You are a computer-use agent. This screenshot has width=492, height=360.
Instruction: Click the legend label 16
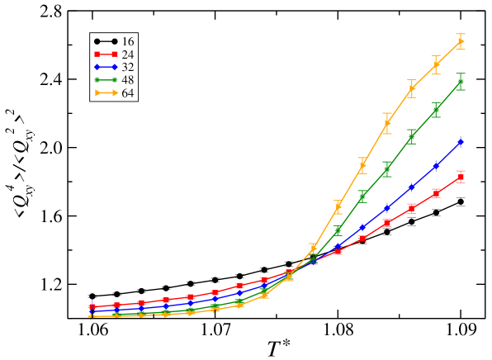pyautogui.click(x=128, y=41)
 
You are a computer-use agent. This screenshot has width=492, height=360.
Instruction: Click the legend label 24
pyautogui.click(x=128, y=54)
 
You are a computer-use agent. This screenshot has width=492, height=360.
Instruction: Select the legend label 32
pyautogui.click(x=128, y=68)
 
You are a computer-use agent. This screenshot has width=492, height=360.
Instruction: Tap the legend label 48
pyautogui.click(x=128, y=80)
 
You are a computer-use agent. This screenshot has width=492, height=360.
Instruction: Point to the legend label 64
pyautogui.click(x=128, y=93)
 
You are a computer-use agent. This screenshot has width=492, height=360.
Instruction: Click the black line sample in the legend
pyautogui.click(x=106, y=41)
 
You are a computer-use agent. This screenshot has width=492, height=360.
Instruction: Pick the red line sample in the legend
pyautogui.click(x=106, y=54)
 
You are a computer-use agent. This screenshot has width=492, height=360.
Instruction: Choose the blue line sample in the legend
pyautogui.click(x=106, y=68)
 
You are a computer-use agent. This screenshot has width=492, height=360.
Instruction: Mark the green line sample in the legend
pyautogui.click(x=106, y=80)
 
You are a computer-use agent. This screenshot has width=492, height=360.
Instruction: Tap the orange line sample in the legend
pyautogui.click(x=106, y=93)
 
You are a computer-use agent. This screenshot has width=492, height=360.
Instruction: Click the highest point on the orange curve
pyautogui.click(x=461, y=41)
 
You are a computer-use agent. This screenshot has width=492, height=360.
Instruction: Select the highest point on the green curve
pyautogui.click(x=461, y=83)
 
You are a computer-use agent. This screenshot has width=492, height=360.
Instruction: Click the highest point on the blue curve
pyautogui.click(x=461, y=142)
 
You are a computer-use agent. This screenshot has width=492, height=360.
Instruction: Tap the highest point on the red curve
pyautogui.click(x=461, y=177)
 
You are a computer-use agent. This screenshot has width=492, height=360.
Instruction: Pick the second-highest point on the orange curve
pyautogui.click(x=436, y=64)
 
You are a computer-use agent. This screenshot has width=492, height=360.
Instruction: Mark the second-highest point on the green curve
pyautogui.click(x=436, y=110)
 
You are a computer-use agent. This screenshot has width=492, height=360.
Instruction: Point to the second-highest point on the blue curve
pyautogui.click(x=436, y=166)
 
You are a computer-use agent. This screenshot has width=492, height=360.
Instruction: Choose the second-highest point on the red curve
pyautogui.click(x=436, y=193)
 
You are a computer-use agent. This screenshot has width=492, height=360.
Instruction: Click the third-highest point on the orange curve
pyautogui.click(x=411, y=88)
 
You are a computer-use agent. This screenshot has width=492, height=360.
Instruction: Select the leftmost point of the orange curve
pyautogui.click(x=92, y=316)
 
